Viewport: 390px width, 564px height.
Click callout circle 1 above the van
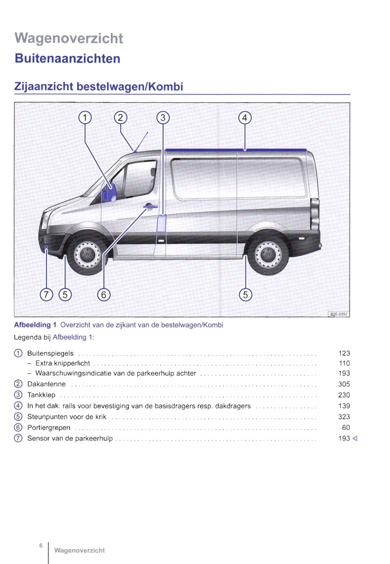(85, 118)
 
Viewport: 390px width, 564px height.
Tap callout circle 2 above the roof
(120, 118)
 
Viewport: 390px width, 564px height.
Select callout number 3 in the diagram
(163, 118)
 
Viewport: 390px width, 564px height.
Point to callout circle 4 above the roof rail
(245, 118)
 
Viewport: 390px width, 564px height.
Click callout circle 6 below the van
(104, 294)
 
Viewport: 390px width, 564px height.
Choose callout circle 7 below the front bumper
(46, 294)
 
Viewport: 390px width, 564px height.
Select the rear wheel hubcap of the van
(268, 254)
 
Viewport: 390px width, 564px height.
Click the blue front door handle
(150, 207)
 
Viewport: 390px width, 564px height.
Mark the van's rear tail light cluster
(315, 215)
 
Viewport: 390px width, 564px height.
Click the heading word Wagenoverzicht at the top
(69, 38)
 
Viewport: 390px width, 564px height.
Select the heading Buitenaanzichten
(68, 58)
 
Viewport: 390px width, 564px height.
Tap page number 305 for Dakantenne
(344, 384)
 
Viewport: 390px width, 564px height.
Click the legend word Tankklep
(41, 395)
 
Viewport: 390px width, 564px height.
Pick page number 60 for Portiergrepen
(346, 427)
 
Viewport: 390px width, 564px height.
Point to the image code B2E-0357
(339, 314)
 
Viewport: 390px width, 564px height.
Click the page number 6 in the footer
(41, 546)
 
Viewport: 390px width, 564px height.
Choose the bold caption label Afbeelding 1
(35, 325)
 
